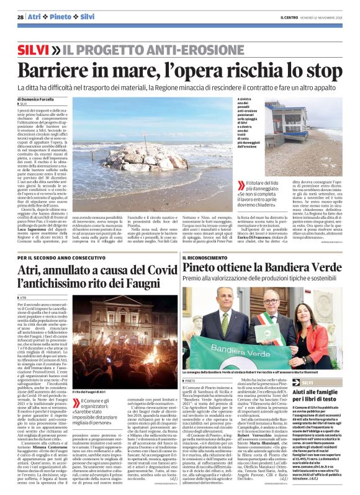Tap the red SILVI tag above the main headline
34,48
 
